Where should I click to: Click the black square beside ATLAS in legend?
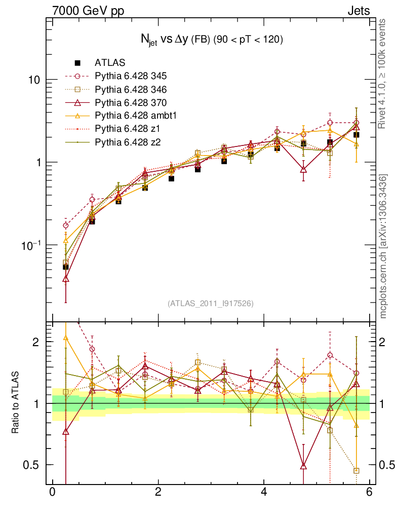(x=77, y=63)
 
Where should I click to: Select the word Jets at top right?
(x=358, y=10)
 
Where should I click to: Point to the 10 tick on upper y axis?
(x=34, y=80)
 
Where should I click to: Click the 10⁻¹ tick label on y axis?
(x=31, y=244)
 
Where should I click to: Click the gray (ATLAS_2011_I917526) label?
(x=211, y=304)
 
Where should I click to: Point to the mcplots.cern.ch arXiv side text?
(x=383, y=246)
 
